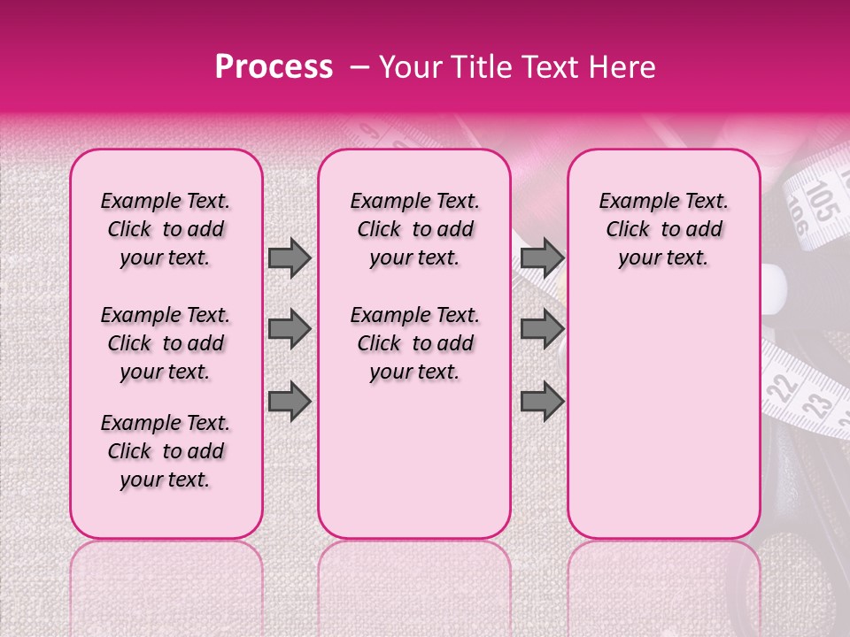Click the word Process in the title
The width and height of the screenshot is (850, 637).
[274, 67]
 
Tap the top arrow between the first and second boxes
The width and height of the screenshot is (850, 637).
[290, 258]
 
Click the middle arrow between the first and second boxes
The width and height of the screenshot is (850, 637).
[290, 330]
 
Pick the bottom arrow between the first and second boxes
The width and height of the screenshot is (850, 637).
[290, 401]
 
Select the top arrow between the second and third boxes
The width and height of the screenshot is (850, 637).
[543, 258]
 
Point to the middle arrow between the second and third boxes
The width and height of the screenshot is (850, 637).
[543, 330]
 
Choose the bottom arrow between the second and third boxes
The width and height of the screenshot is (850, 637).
[543, 401]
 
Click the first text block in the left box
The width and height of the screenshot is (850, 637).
[166, 229]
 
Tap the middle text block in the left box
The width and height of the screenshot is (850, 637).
[166, 343]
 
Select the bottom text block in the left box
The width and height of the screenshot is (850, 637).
[166, 451]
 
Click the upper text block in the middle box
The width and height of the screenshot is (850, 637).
[415, 229]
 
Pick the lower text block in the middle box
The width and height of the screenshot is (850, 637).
[415, 343]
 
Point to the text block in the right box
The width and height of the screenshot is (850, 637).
[664, 229]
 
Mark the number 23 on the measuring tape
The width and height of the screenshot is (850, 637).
[817, 405]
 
